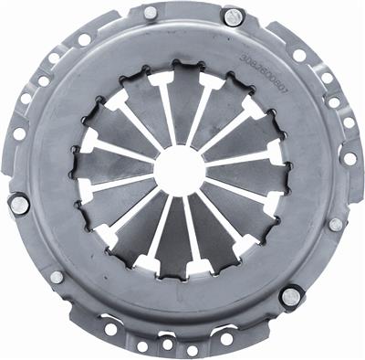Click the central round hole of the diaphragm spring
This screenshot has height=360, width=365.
(x=179, y=170)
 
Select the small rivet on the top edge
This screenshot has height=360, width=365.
(x=150, y=13)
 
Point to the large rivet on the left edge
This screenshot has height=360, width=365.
(x=18, y=204)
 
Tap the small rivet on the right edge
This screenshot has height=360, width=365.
(x=336, y=224)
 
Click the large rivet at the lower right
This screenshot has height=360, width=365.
(x=290, y=294)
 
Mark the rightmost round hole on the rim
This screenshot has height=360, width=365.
(x=349, y=158)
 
